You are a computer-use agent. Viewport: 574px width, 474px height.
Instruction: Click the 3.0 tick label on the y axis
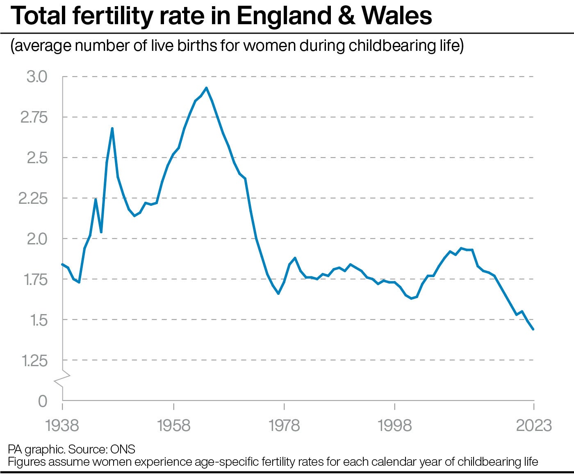pos(37,77)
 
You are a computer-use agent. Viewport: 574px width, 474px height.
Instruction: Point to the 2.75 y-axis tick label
pos(34,117)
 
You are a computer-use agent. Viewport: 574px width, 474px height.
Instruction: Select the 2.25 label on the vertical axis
pos(33,198)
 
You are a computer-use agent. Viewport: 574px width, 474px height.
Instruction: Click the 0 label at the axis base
pos(43,401)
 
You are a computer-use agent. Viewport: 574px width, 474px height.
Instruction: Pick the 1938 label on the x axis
pos(62,426)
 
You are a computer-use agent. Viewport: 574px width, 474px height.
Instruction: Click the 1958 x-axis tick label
pos(174,426)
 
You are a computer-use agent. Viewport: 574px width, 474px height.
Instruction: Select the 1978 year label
pos(284,426)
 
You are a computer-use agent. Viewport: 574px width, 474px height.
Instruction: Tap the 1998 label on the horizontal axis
pos(395,426)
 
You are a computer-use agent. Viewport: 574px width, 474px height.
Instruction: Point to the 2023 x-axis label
pos(533,426)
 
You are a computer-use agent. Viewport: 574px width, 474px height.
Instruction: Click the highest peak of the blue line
pos(206,88)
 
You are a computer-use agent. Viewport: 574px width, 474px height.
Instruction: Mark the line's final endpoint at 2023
pos(533,329)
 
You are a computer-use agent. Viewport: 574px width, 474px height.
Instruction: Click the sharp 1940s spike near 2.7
pos(112,129)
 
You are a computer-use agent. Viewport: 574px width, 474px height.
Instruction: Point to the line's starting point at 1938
pos(62,264)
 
